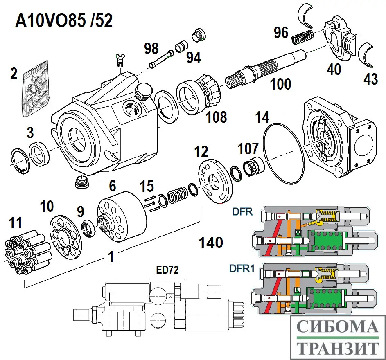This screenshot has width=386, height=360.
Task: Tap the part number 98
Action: [151, 49]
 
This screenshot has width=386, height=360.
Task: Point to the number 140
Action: [211, 243]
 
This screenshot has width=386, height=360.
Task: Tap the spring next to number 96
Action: [302, 38]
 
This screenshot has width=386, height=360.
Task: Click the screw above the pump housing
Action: [120, 60]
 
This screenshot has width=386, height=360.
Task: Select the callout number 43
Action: [371, 79]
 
